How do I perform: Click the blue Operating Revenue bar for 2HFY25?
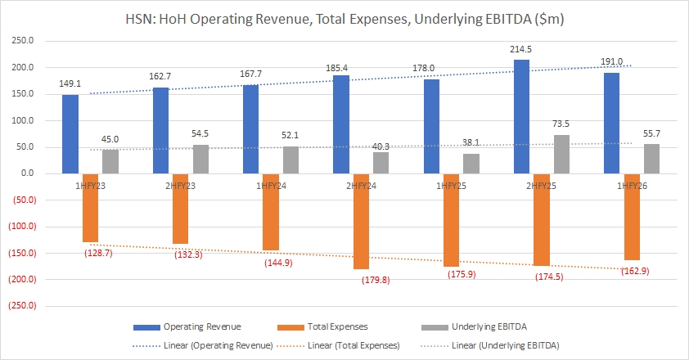click(x=522, y=117)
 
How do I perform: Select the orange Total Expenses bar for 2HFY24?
click(x=361, y=221)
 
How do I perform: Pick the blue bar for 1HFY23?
click(x=71, y=134)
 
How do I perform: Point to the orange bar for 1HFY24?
click(x=271, y=212)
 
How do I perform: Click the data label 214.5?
click(x=521, y=50)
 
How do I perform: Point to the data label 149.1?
click(x=70, y=84)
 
